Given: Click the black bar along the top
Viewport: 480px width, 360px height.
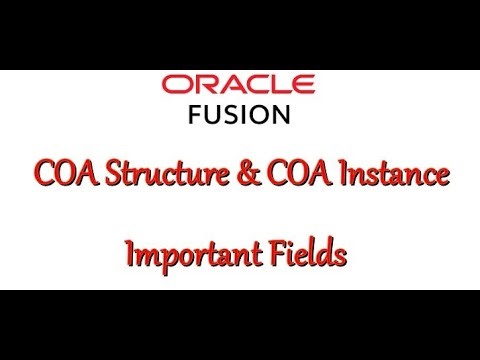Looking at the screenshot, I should pos(240,34).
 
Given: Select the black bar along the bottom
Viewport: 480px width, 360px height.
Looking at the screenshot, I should pos(240,324).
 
